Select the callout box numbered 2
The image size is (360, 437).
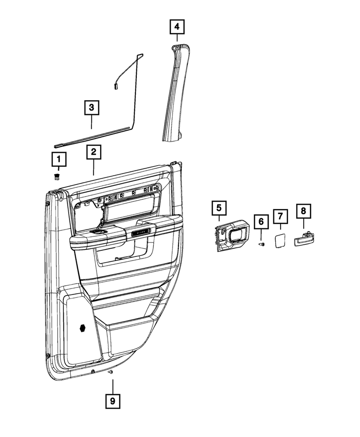coord(93,153)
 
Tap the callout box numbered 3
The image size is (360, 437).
coord(91,107)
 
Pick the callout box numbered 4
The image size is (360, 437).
coord(177,28)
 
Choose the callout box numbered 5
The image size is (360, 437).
coord(219,208)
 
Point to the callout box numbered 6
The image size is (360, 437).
coord(261,222)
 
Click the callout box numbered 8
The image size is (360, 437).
coord(304,212)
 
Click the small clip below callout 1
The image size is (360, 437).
coord(57,176)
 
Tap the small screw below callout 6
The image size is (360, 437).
coord(261,244)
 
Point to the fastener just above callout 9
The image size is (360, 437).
coord(111,372)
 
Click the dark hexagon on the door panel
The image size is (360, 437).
coord(83,329)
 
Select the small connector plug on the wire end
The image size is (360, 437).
coord(116,86)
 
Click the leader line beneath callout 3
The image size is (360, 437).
coord(91,121)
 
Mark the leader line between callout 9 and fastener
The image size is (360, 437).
coord(112,385)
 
